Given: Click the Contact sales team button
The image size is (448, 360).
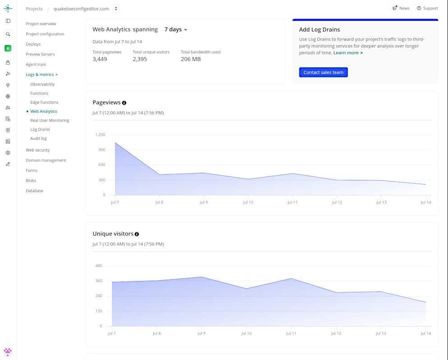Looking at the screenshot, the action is point(323,72).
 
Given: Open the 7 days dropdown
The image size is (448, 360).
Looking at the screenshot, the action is point(176,29).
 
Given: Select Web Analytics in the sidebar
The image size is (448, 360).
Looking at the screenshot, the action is point(43,111).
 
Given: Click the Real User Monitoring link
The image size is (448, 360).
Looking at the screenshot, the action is point(50,120).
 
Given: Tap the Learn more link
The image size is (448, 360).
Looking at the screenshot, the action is point(348,53).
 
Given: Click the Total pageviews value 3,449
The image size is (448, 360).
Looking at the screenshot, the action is point(100,59).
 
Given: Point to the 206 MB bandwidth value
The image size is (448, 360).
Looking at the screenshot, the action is point(191,59).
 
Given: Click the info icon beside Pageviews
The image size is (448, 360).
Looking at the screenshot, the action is point(124,103).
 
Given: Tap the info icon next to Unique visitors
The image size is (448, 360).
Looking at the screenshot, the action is point(137,234).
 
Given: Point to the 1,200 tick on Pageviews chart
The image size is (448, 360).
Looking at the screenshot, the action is point(101,135).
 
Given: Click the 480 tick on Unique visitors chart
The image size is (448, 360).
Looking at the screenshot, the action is point(99,266).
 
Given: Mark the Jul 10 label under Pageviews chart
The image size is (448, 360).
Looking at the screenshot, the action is point(248,203).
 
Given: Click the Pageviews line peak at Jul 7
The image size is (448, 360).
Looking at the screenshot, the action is point(115,143).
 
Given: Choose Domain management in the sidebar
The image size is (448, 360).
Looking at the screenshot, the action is point(46,161).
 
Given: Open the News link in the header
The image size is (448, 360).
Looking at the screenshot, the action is point(401,8).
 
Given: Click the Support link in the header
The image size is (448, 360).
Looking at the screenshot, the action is point(427,8).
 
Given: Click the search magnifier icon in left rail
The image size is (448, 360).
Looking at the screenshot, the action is point(8,34).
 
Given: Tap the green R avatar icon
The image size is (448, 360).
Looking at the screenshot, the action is point(8,48).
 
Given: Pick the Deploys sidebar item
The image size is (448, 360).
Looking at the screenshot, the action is point(33,44).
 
